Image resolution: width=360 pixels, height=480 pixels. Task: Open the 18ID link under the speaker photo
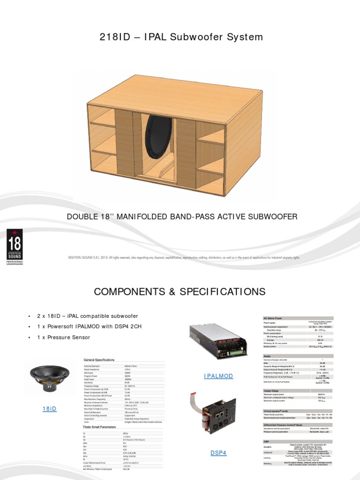[49, 409]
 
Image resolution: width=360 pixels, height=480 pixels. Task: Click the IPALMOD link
[218, 376]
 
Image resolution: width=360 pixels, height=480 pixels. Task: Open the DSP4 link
[218, 452]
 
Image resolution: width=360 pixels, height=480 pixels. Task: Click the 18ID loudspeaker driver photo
[49, 379]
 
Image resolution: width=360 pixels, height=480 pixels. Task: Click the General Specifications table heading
[98, 360]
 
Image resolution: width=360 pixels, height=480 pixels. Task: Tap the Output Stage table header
[273, 390]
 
